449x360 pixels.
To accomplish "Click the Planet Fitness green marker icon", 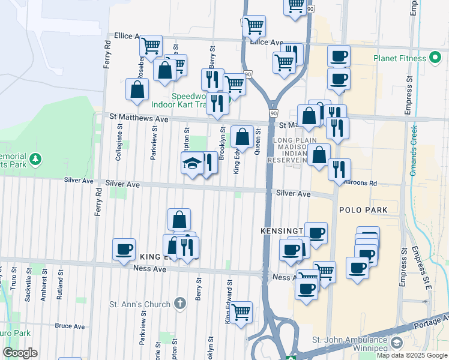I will (436, 58).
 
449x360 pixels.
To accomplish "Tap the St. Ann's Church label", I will (140, 304).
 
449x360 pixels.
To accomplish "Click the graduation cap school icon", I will (192, 163).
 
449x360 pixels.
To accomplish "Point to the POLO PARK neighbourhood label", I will (361, 210).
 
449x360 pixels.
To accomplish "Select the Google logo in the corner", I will (20, 353).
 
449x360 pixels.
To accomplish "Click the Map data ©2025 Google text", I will (412, 355).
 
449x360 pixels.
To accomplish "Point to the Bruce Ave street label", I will (70, 326).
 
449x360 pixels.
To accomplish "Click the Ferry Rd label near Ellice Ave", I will (107, 53).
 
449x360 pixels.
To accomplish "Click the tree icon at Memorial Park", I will (36, 159).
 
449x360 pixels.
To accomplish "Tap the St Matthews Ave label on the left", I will (139, 119).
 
